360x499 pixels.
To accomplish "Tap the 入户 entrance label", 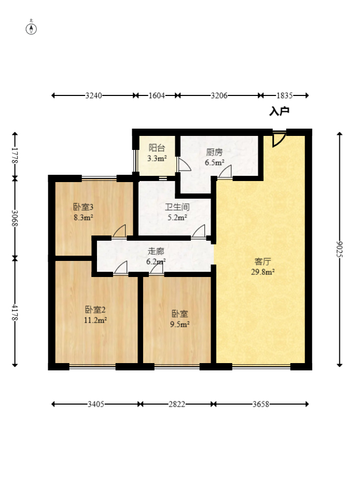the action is tap(279, 112).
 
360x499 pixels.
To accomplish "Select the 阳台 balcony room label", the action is tap(157, 148).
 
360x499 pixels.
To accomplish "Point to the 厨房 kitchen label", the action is tap(214, 152).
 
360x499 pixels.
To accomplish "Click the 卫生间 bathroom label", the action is tap(177, 207).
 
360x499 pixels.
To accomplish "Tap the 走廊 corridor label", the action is tap(156, 252).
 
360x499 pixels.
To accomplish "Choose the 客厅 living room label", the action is tap(263, 261).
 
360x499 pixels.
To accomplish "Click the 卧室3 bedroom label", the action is tap(84, 207).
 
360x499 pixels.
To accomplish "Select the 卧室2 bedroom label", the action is tap(95, 309).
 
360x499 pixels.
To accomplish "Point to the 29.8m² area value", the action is tap(263, 272).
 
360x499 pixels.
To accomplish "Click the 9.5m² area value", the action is tap(180, 324).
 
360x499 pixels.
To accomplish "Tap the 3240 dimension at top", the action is tap(93, 95).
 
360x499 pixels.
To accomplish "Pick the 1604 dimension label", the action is tap(157, 95).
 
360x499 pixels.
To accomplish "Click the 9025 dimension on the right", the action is tap(340, 249).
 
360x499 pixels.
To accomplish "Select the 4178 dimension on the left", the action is tap(15, 313).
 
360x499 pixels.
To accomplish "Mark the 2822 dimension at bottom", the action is tap(177, 404).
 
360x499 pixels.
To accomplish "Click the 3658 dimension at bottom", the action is tap(261, 404).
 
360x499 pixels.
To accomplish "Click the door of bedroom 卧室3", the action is tap(119, 231).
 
